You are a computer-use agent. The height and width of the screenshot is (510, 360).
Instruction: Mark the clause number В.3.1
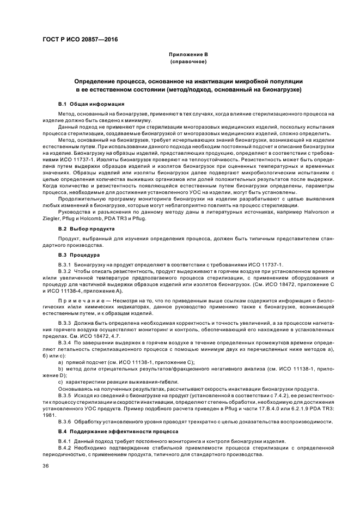coord(65,264)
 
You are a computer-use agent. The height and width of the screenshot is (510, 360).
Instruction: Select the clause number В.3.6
coord(65,421)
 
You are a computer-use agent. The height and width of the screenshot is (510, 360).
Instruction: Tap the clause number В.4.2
coord(65,447)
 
